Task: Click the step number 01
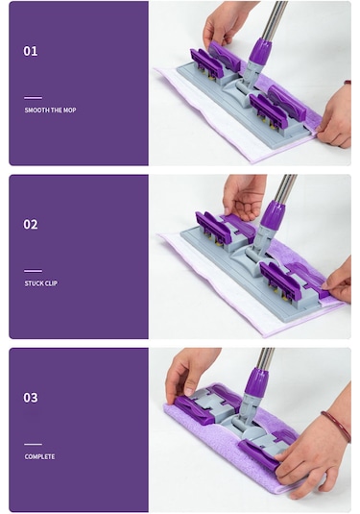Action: point(31,51)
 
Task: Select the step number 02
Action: point(31,224)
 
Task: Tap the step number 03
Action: point(31,397)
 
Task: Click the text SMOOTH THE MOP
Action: point(50,110)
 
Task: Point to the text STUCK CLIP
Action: point(41,283)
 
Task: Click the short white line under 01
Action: point(33,97)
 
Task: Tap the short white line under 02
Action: point(33,270)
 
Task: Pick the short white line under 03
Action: point(33,443)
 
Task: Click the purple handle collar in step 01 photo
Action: point(260,50)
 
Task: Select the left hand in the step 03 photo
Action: point(192,371)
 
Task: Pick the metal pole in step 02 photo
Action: point(283,187)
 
